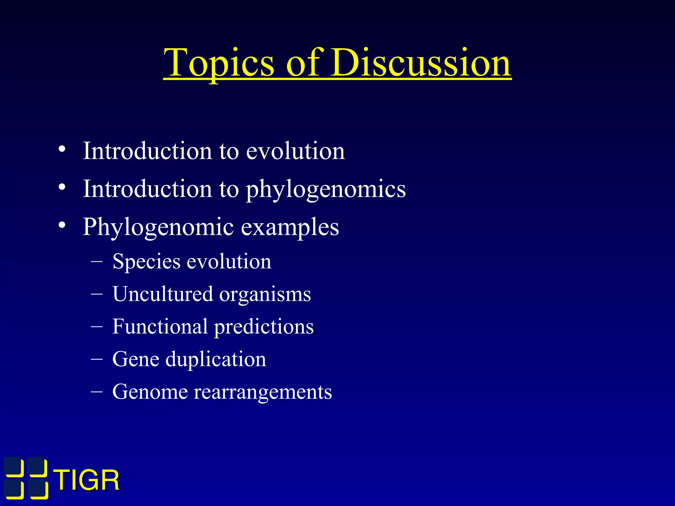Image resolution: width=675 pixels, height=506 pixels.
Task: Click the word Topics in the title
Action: (219, 63)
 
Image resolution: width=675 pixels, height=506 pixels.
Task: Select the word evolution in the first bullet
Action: (295, 151)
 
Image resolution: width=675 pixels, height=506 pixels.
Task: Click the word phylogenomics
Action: (326, 190)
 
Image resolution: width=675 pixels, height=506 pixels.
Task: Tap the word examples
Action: (290, 227)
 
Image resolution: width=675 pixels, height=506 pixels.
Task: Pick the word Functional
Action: (160, 326)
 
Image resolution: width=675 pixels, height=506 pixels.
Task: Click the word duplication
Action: (216, 359)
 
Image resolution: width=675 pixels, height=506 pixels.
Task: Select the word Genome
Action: (150, 392)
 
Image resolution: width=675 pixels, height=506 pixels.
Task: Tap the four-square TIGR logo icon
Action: (26, 478)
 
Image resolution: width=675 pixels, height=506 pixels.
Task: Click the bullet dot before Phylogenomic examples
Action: (62, 225)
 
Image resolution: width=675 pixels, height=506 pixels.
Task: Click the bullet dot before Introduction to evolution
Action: (62, 150)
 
